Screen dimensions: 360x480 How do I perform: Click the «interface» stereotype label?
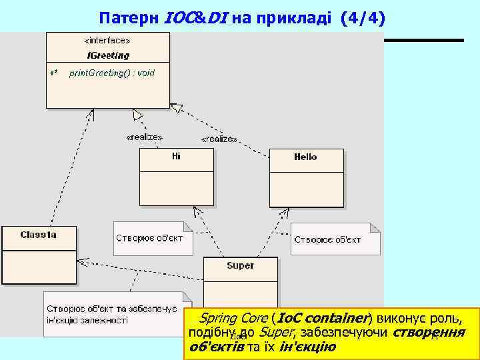coord(107,40)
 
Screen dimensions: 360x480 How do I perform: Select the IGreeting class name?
coord(108,55)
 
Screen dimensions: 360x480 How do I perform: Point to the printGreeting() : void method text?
coord(112,73)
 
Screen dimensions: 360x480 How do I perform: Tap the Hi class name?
coord(176,157)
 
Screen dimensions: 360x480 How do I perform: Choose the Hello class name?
coord(305,157)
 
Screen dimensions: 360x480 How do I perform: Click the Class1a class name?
coord(39,235)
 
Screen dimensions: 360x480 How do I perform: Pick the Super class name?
coord(240,265)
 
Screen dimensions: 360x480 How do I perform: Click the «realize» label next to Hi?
coord(144,137)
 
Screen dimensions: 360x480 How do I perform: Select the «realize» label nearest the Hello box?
coord(219,139)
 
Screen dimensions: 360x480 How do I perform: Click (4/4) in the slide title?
coord(362,17)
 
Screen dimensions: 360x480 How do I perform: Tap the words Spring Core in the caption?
coord(233,317)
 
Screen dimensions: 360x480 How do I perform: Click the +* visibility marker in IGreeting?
coord(54,73)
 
